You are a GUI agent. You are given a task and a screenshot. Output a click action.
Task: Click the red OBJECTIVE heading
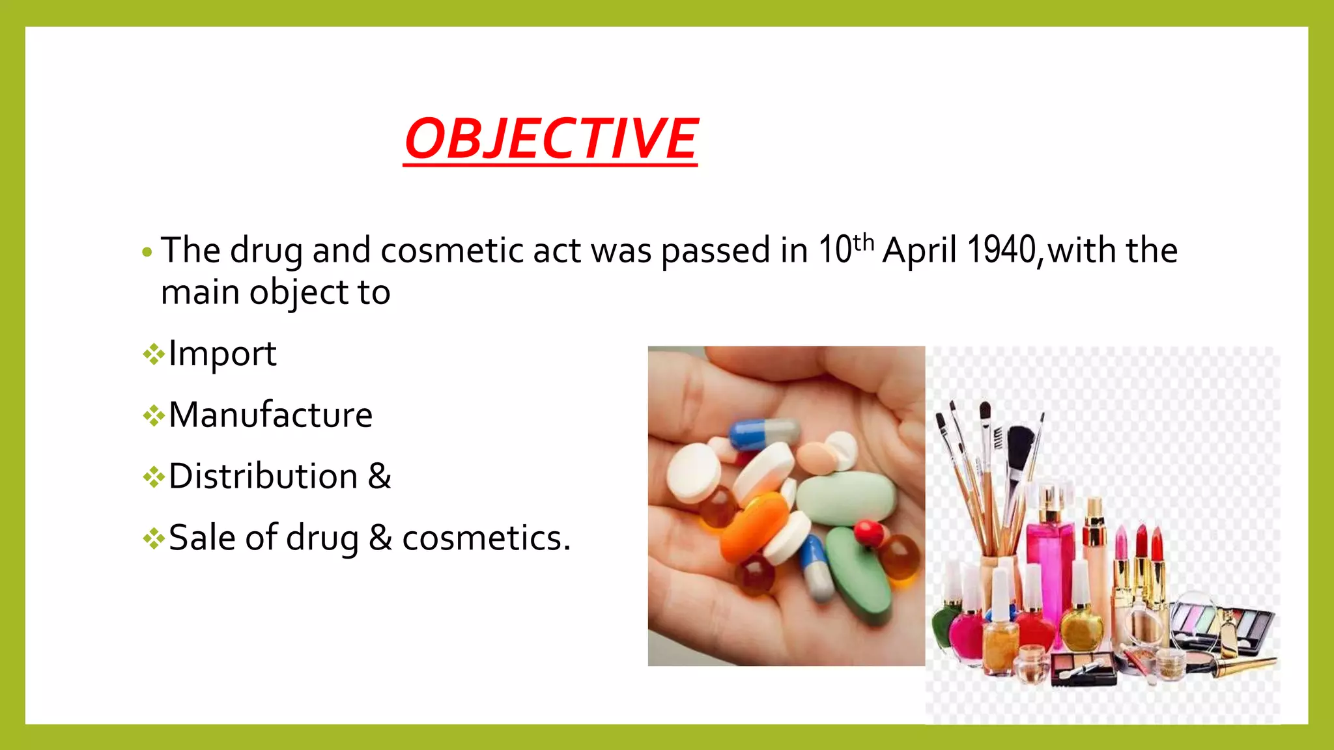tap(550, 139)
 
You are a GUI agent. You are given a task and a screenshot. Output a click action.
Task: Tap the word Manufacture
tap(270, 415)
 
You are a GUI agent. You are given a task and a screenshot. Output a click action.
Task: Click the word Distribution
tap(263, 477)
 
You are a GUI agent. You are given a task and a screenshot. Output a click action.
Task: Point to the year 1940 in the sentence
tap(1001, 250)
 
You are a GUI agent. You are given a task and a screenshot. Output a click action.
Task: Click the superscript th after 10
tap(863, 242)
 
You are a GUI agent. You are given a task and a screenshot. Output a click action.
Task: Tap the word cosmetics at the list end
tap(485, 538)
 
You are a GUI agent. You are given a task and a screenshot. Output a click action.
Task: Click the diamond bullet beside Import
tap(154, 355)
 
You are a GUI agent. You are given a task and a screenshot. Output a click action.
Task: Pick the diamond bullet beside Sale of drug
tap(154, 538)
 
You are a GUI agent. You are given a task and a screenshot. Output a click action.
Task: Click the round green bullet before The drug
tap(147, 252)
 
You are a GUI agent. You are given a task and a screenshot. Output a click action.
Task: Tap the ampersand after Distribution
tap(379, 477)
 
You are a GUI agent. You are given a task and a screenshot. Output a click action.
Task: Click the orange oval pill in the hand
tap(756, 528)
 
